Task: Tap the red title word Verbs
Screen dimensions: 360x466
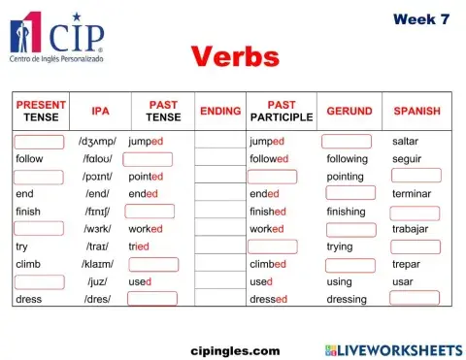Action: (235, 56)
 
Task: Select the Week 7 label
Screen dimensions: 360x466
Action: (421, 19)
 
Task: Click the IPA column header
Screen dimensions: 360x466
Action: (100, 111)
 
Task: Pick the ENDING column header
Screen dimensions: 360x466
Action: (220, 111)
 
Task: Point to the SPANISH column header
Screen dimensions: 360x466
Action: (416, 111)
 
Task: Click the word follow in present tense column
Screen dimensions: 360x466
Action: (29, 158)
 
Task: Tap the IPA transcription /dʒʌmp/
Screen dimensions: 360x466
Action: (97, 141)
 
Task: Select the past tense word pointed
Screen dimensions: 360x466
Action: (146, 177)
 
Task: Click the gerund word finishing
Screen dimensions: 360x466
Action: (346, 212)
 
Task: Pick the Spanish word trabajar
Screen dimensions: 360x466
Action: (412, 229)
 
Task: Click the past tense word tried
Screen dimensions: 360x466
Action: (139, 246)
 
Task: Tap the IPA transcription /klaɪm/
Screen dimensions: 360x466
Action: (97, 264)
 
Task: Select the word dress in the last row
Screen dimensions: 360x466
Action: (28, 299)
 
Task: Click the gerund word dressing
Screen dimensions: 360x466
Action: (346, 299)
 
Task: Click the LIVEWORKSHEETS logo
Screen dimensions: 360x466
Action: (392, 349)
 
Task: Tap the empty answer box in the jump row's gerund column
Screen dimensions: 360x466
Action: (347, 141)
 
